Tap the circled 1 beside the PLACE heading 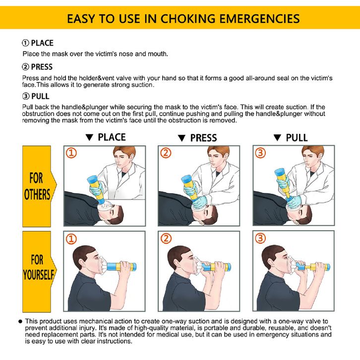point(25,43)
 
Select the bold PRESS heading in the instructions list point(42,67)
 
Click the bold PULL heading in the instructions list point(40,96)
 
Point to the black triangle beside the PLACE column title point(89,137)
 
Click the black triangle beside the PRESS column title point(181,138)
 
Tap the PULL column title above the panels point(297,138)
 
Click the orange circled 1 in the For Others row point(71,153)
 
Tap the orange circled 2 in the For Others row point(166,153)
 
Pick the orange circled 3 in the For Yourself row point(260,239)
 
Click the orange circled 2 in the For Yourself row point(166,239)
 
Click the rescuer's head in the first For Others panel point(124,157)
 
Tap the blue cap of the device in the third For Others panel point(280,172)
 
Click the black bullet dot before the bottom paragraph point(20,321)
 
